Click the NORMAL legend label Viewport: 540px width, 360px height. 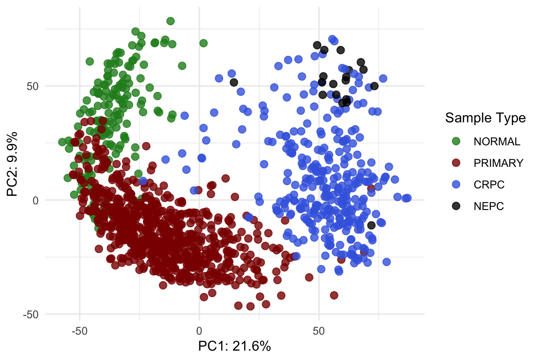pyautogui.click(x=497, y=141)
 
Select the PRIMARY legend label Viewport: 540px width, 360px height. pyautogui.click(x=498, y=163)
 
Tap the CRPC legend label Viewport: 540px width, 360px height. pyautogui.click(x=489, y=185)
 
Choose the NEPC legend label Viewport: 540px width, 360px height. pyautogui.click(x=489, y=206)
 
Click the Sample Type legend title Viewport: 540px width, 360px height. pyautogui.click(x=485, y=118)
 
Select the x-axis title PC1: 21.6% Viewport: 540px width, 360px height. pyautogui.click(x=234, y=346)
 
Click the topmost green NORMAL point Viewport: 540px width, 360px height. pyautogui.click(x=171, y=21)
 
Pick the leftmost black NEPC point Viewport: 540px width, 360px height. pyautogui.click(x=234, y=82)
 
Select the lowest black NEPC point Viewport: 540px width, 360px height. pyautogui.click(x=371, y=225)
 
